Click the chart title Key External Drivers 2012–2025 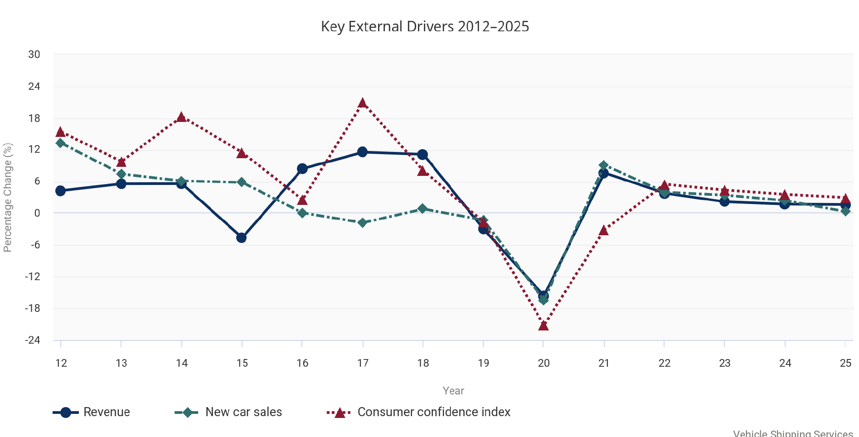click(425, 26)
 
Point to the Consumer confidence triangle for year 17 click(362, 103)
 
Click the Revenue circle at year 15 click(242, 238)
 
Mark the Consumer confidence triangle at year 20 click(544, 325)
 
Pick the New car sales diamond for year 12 click(61, 143)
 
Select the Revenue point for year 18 click(422, 155)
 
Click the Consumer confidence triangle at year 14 click(181, 117)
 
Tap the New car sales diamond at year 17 click(362, 223)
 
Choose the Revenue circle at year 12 click(61, 191)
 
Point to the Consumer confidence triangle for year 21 click(603, 231)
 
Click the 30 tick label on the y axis click(34, 54)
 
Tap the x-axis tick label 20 click(544, 363)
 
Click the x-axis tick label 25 click(845, 363)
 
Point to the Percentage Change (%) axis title click(8, 197)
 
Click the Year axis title click(453, 391)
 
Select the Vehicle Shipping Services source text click(793, 433)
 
